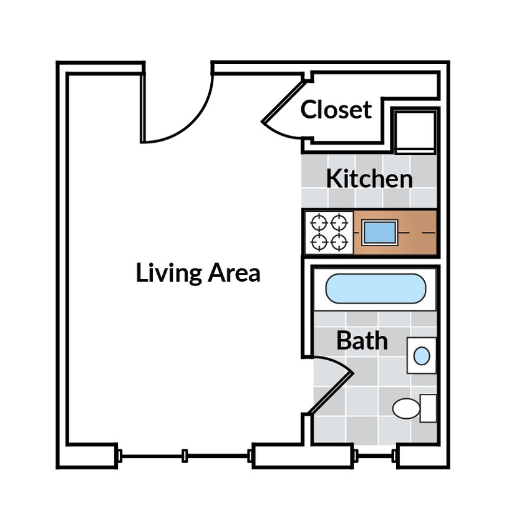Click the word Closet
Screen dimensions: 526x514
336,110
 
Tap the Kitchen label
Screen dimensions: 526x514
369,179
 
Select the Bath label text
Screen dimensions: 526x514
362,341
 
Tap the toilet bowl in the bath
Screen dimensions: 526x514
406,409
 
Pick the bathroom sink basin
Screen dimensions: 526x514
422,356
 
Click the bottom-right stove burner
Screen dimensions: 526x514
339,242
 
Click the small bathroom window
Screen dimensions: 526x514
375,457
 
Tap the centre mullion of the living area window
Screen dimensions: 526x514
185,456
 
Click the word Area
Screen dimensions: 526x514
234,273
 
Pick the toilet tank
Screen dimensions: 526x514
429,408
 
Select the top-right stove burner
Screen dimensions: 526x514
339,222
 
